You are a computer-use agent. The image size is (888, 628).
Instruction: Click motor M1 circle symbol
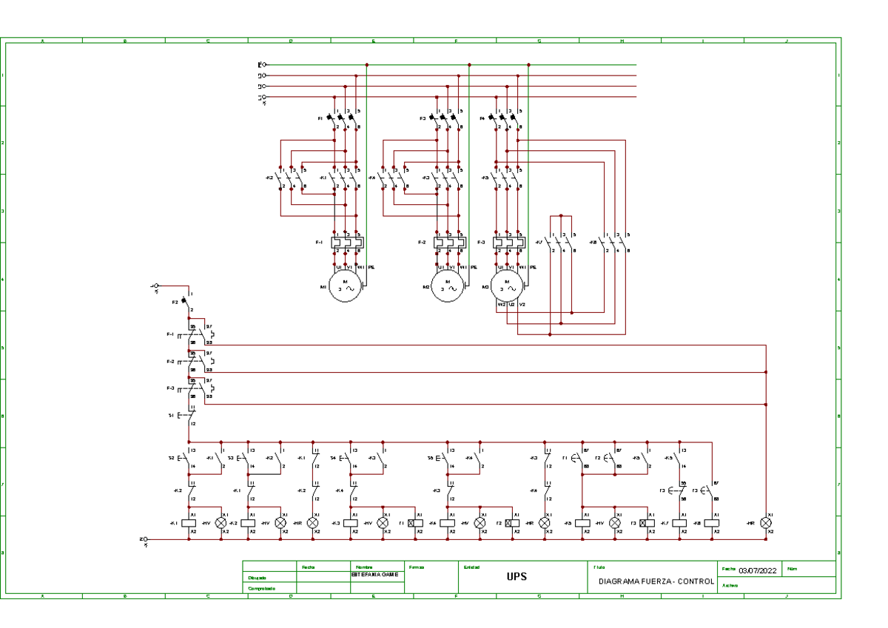(x=346, y=284)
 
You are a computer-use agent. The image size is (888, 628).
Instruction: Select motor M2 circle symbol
(x=448, y=284)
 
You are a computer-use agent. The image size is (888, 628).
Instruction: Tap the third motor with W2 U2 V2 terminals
(x=508, y=284)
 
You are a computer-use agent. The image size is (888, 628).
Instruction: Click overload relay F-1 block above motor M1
(x=347, y=242)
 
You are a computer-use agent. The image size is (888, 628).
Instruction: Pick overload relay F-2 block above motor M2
(x=450, y=242)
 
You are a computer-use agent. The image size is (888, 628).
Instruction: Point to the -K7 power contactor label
(x=539, y=242)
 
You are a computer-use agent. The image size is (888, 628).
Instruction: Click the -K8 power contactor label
(x=593, y=242)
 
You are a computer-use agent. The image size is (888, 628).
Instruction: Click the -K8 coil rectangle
(x=712, y=523)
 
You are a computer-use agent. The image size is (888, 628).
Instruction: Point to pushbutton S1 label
(x=171, y=416)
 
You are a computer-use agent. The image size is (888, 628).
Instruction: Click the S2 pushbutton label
(x=172, y=459)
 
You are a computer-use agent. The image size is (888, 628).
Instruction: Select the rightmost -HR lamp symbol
(x=766, y=523)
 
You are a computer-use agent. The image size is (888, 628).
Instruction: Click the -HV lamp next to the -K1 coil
(x=221, y=523)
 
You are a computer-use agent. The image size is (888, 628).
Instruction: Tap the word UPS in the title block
(x=517, y=577)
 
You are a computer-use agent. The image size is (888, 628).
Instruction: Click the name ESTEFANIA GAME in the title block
(x=374, y=574)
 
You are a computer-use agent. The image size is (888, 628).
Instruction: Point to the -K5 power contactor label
(x=485, y=178)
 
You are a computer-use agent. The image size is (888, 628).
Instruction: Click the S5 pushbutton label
(x=430, y=459)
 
